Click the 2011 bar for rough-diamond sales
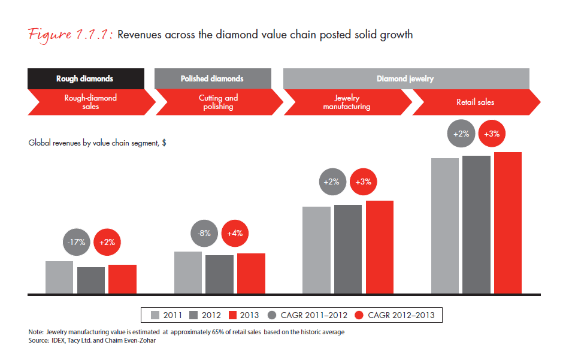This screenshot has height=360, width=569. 59,277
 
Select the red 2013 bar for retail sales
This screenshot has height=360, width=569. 508,223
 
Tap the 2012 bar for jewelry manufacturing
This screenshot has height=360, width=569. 348,249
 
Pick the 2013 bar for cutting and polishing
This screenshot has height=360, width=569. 251,273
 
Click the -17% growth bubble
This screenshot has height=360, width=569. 76,243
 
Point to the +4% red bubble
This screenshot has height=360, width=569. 235,234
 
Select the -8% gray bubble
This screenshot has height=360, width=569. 204,234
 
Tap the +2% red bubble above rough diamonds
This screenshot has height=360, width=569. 108,243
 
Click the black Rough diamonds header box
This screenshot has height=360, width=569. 85,78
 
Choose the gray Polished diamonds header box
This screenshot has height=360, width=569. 212,78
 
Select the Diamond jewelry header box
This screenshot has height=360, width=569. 405,78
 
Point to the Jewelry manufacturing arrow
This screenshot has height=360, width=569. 346,102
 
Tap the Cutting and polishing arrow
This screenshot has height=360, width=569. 218,102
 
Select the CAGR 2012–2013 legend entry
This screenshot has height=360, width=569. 395,315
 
